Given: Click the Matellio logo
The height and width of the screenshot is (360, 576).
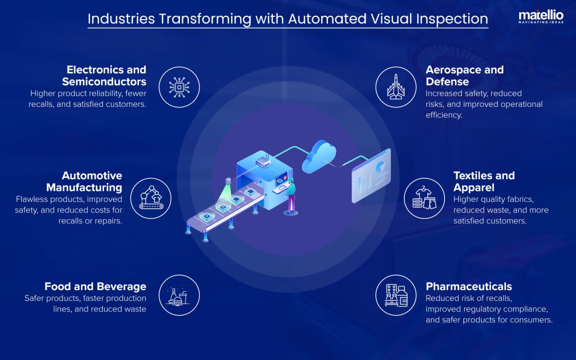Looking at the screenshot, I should [541, 16].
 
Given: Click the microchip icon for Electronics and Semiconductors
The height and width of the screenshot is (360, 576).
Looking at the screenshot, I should [179, 87].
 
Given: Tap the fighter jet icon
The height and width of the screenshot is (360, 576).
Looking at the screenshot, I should [395, 87].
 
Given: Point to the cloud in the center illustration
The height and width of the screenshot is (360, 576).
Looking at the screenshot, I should [319, 157].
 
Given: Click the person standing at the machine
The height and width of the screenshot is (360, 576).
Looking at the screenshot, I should [291, 197].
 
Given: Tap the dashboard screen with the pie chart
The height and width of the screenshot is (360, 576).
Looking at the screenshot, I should [371, 174].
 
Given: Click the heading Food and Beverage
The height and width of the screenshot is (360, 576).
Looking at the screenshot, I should [95, 286].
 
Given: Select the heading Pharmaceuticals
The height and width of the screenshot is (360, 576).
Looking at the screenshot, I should [469, 286].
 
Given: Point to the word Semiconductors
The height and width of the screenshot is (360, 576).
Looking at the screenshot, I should [104, 82].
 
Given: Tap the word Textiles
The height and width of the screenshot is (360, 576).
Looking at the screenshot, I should [474, 175].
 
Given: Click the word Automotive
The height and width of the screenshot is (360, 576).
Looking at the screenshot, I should [92, 175].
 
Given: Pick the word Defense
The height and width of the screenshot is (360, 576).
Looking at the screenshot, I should [444, 82].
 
